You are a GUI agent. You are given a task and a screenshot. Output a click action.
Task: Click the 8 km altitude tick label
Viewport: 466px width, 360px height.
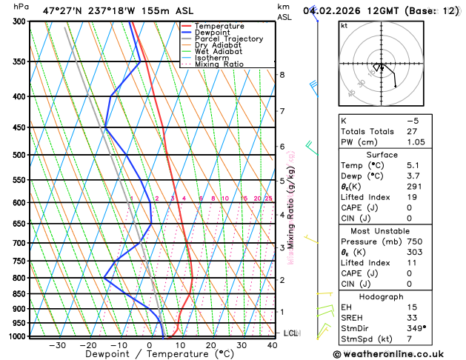282,75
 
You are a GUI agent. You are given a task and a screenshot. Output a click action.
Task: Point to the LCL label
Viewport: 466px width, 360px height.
291,333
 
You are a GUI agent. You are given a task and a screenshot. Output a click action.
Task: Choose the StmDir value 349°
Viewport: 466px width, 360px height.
416,328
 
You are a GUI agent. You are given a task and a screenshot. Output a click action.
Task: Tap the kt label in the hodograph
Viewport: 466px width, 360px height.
344,25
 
